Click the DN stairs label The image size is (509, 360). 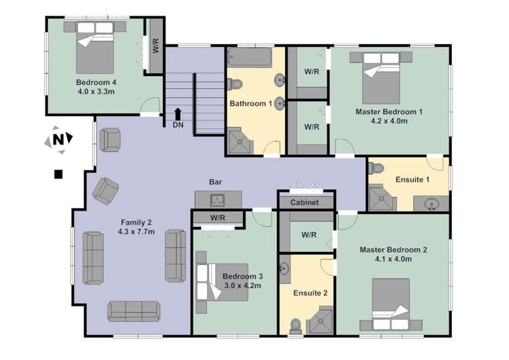point(178,125)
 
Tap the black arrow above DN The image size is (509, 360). point(178,113)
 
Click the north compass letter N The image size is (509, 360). point(60,140)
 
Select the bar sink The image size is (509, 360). point(218,200)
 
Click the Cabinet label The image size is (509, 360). point(305,202)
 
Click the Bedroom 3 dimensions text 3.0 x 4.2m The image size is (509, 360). point(243,286)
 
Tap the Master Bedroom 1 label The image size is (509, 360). point(390,111)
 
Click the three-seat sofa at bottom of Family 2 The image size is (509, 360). point(134,310)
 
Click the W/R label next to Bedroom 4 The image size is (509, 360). point(156,48)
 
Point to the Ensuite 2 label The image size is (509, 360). point(310,293)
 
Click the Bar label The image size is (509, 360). point(216,183)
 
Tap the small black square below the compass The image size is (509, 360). point(58,174)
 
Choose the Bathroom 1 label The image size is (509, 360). point(250,103)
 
